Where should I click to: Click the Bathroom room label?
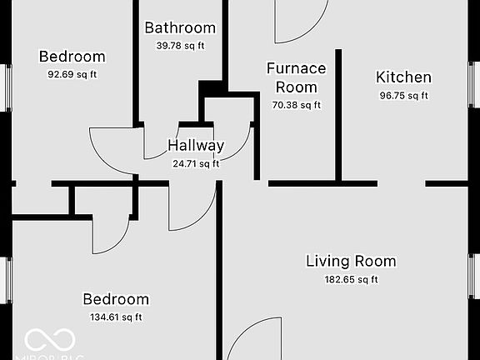[180, 27]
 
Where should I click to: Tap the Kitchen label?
[404, 77]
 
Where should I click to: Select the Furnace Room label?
[296, 77]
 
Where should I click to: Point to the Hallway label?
[196, 145]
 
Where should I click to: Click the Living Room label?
[351, 261]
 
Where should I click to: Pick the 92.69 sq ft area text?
[72, 74]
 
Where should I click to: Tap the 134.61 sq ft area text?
[116, 317]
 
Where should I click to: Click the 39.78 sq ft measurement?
[180, 45]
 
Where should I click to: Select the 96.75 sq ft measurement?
[404, 95]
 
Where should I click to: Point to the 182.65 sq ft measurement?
[351, 279]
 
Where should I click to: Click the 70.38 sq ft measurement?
[296, 105]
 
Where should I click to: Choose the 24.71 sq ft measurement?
[196, 163]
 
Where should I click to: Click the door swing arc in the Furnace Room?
[300, 22]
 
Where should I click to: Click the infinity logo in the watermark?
[50, 339]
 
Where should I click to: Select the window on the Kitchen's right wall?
[473, 83]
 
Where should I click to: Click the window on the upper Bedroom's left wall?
[7, 86]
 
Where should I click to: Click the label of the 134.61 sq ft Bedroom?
[116, 299]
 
